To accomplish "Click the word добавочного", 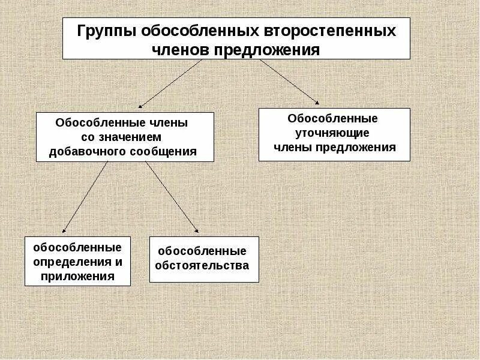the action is [87, 151].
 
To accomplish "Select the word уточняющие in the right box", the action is [334, 133].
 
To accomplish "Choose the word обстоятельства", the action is [202, 265].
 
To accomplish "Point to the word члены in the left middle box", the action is [170, 123].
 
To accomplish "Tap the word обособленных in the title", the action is [202, 31].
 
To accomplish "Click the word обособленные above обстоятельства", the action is [202, 251].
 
